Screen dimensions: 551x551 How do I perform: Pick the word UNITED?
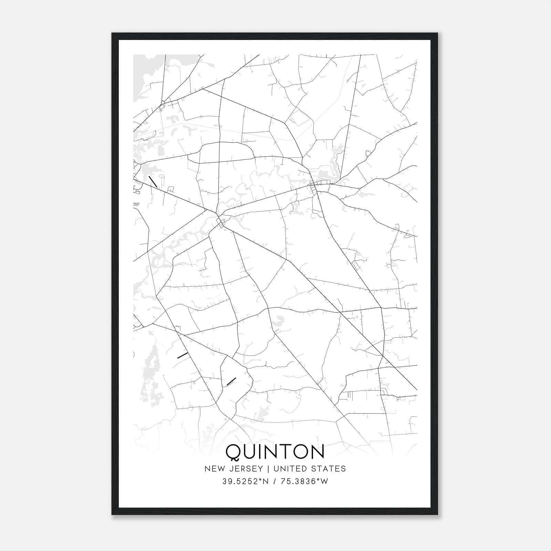pyautogui.click(x=287, y=469)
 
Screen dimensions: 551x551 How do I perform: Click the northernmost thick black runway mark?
pyautogui.click(x=153, y=181)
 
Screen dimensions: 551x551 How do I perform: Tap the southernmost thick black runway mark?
pyautogui.click(x=231, y=381)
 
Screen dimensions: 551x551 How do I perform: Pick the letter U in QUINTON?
pyautogui.click(x=251, y=452)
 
